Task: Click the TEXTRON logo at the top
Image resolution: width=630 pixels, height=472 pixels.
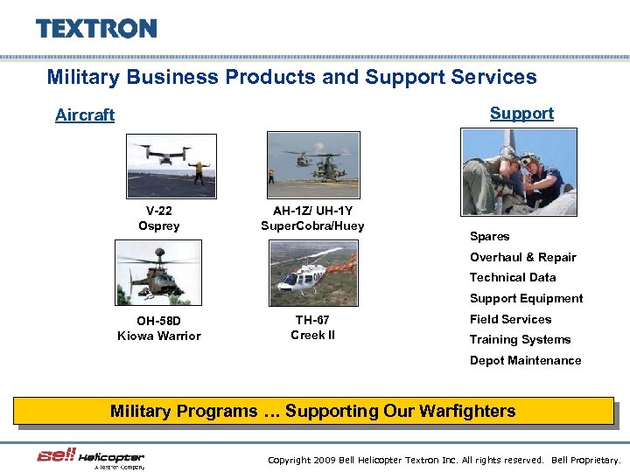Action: point(96,28)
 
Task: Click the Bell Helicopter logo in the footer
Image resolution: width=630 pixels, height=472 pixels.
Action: point(90,457)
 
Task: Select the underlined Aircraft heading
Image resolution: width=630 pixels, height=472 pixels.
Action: point(85,115)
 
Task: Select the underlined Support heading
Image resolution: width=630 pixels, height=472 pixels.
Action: point(521,113)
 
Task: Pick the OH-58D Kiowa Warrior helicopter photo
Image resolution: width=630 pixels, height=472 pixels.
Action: point(159,273)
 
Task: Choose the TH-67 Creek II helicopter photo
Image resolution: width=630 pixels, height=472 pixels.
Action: point(312,273)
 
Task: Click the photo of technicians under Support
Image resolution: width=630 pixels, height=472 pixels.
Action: point(519,171)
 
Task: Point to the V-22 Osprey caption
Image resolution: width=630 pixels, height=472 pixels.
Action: point(158,219)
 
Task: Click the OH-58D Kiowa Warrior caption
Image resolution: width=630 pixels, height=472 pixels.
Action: point(158,329)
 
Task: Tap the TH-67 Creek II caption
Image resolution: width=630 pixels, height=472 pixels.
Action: point(312,328)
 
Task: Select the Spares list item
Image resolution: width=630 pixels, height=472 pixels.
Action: point(489,237)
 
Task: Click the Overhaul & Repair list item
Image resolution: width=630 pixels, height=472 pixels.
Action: point(522,257)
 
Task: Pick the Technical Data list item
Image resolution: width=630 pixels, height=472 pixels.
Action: point(513,277)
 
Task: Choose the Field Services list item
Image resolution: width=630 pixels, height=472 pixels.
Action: point(510,319)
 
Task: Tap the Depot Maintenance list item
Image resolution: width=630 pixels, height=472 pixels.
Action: point(525,360)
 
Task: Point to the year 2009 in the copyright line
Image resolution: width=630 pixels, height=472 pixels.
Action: point(323,460)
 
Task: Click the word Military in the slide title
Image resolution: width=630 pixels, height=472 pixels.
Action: point(84,77)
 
